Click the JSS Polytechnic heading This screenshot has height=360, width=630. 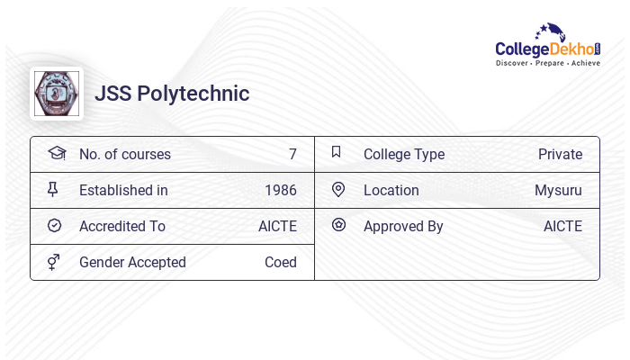pos(172,94)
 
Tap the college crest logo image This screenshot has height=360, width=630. pos(56,94)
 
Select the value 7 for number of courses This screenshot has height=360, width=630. pos(292,155)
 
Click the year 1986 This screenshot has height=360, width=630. pos(281,191)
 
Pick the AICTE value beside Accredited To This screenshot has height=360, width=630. pos(277,227)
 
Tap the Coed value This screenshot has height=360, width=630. pos(281,263)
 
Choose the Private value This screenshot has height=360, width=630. pos(560,155)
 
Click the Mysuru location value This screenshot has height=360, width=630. pos(558,191)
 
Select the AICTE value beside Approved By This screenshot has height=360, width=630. pos(562,227)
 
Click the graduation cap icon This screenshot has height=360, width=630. pos(56,153)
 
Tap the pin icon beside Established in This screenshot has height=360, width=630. pos(54,190)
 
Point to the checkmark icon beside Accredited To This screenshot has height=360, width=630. pos(54,226)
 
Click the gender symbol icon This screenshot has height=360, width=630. pos(54,262)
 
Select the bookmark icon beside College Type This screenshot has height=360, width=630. pos(337,153)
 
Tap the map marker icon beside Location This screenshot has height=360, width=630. pos(338,190)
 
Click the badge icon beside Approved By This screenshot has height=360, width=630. pos(338,226)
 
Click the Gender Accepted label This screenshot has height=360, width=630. pos(132,263)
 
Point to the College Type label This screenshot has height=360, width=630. pos(404,155)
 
